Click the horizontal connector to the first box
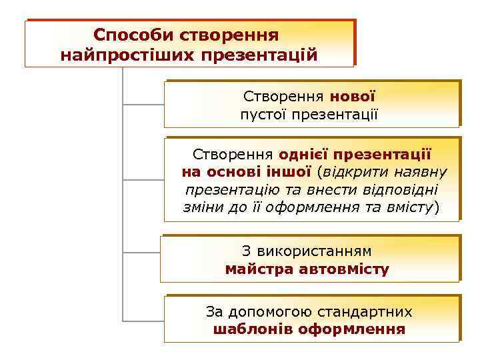click(143, 104)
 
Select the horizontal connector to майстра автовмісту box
click(141, 253)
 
